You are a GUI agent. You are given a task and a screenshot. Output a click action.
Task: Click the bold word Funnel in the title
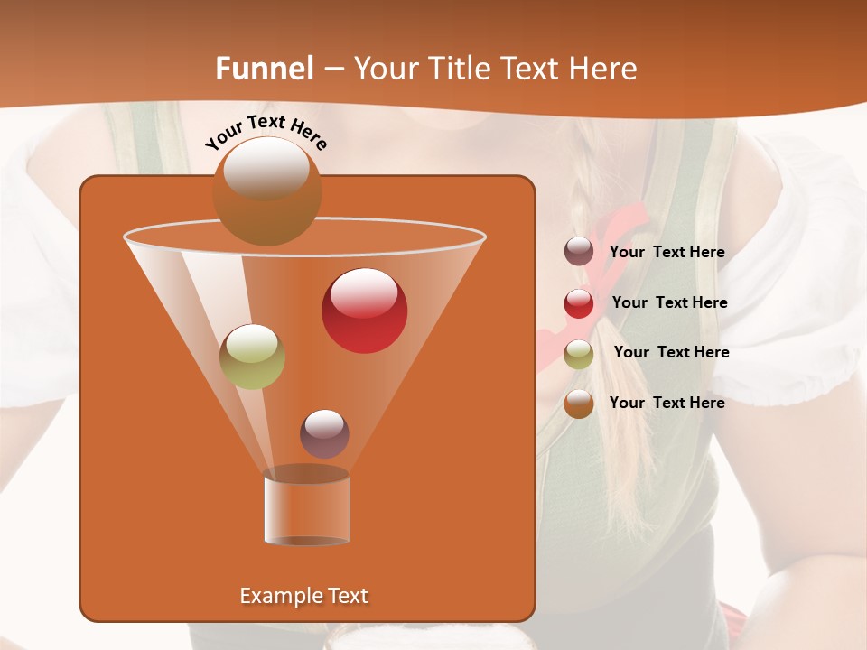tap(264, 69)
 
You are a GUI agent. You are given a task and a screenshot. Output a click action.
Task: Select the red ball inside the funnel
tap(364, 311)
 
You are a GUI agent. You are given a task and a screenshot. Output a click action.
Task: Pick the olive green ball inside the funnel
tap(253, 357)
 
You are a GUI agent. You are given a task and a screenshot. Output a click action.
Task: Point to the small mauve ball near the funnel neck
tap(324, 433)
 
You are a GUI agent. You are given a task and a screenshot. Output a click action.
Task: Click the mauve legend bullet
tap(579, 252)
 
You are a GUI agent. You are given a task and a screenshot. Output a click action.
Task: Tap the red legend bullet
tap(579, 303)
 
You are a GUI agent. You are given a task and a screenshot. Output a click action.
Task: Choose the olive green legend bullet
tap(579, 354)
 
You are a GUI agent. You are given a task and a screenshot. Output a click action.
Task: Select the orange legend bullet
tap(579, 404)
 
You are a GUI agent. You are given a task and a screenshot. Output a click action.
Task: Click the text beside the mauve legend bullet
tap(667, 253)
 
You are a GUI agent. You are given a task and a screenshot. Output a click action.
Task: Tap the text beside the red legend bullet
tap(669, 303)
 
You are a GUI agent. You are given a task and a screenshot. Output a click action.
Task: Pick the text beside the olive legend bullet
tap(671, 353)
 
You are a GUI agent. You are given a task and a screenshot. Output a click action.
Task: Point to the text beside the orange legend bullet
tap(667, 403)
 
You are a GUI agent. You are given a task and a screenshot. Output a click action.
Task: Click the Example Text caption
tap(303, 596)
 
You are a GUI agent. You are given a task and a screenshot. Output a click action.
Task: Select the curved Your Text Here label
tap(266, 132)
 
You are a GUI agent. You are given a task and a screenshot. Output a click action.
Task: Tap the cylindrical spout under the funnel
tap(306, 507)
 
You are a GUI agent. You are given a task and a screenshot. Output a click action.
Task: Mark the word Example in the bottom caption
tap(275, 596)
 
